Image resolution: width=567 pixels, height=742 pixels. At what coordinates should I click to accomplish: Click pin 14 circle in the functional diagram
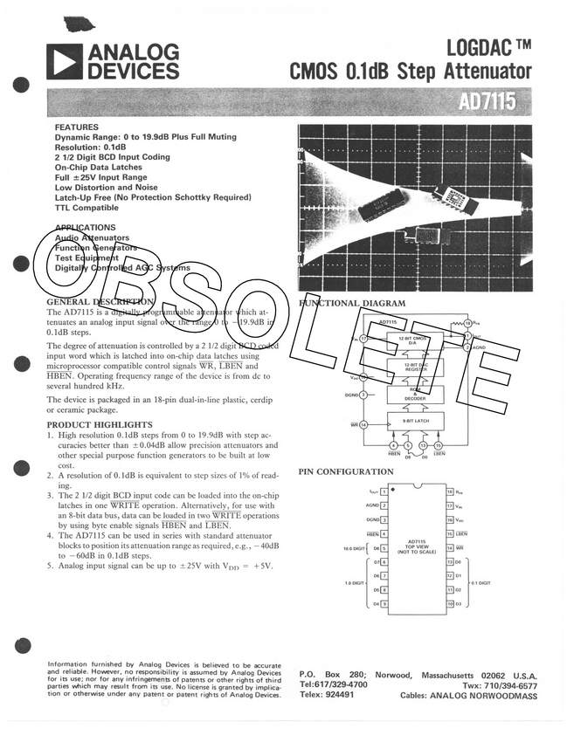pyautogui.click(x=363, y=424)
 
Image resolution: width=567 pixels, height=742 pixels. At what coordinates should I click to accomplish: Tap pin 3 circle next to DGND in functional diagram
pyautogui.click(x=363, y=395)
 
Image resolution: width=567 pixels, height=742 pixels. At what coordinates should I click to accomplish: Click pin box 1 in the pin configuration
pyautogui.click(x=384, y=492)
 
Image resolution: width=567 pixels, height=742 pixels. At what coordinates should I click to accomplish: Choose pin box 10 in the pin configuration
pyautogui.click(x=449, y=603)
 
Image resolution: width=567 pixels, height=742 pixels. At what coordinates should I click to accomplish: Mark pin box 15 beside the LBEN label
pyautogui.click(x=449, y=533)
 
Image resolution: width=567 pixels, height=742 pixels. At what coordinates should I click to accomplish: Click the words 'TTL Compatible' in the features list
pyautogui.click(x=86, y=208)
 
